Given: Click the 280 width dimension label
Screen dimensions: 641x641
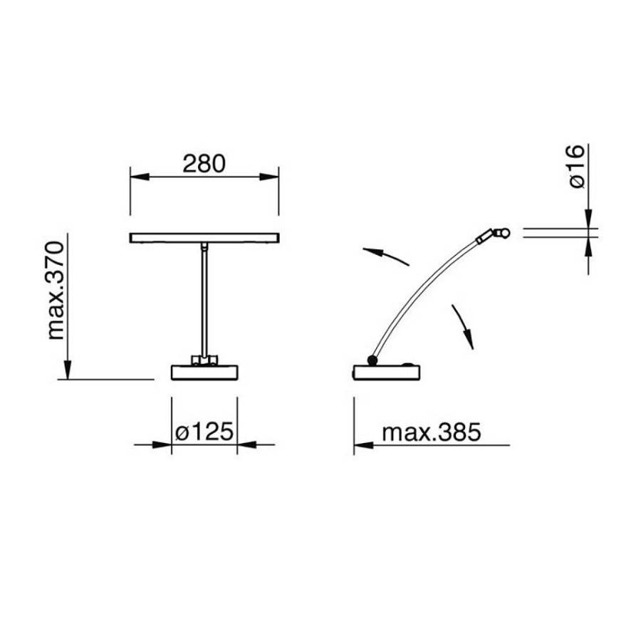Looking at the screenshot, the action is [x=204, y=164].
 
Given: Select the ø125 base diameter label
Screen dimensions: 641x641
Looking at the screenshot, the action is [x=204, y=432].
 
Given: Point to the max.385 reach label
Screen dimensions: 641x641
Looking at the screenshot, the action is [x=432, y=432].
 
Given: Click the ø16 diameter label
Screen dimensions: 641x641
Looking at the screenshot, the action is [x=577, y=166].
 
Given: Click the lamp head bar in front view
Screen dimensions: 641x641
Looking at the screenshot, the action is [x=204, y=238].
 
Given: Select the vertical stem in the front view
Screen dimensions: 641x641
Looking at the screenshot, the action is [x=204, y=301].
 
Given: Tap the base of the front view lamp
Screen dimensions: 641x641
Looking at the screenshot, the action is [x=204, y=372].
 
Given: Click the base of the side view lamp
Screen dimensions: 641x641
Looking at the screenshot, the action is [x=387, y=372].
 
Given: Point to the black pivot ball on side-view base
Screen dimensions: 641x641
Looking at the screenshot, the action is [x=372, y=360].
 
